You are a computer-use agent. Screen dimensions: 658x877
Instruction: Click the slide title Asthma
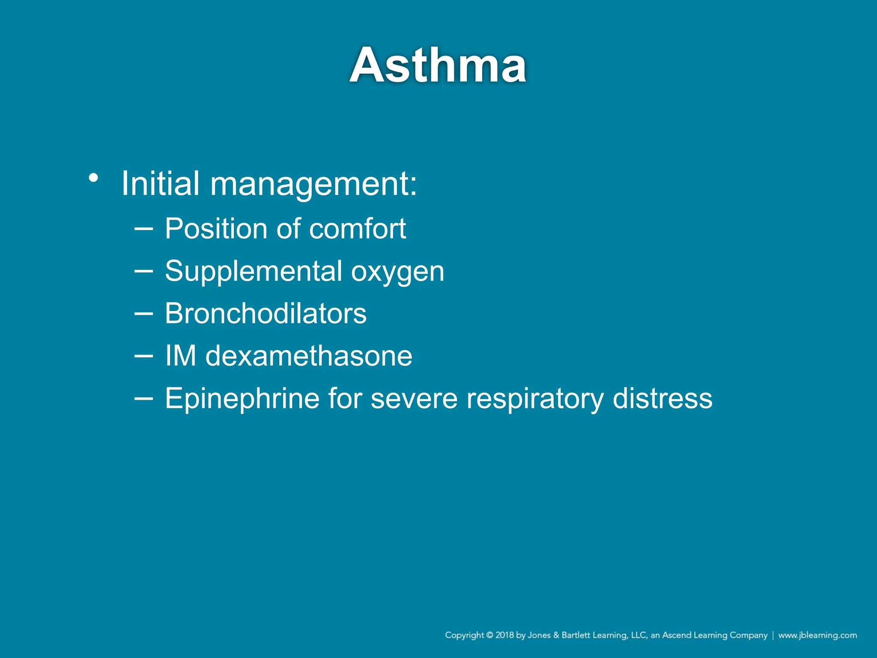[x=438, y=66]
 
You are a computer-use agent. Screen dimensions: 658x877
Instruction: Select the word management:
[x=313, y=184]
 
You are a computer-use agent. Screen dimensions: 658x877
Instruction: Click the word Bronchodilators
[x=265, y=313]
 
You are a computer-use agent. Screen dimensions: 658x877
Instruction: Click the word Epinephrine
[x=242, y=399]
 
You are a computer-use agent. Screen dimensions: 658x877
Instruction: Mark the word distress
[x=662, y=399]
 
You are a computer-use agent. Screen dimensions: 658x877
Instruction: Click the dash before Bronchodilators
[x=143, y=313]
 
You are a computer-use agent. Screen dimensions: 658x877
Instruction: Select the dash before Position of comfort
[x=143, y=228]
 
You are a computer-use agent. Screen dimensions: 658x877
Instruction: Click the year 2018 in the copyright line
[x=504, y=635]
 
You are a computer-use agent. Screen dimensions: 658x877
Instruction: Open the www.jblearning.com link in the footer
[x=817, y=635]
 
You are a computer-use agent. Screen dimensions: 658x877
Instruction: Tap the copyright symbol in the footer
[x=489, y=635]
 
